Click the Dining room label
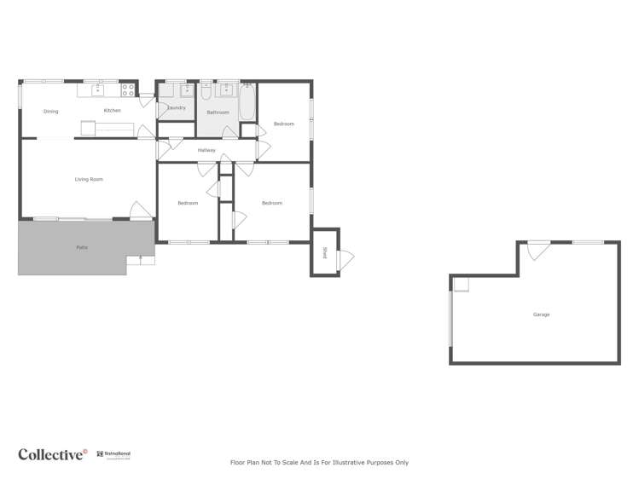[x=51, y=111]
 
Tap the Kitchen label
[x=112, y=111]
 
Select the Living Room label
[x=89, y=179]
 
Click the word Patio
[x=82, y=247]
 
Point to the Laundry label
[x=177, y=108]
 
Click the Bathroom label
[x=218, y=113]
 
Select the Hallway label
[x=206, y=151]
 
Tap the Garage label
[x=541, y=315]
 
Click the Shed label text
[x=324, y=252]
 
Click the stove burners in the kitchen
[x=128, y=88]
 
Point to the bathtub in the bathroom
[x=247, y=103]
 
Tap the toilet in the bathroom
[x=206, y=91]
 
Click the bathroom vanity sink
[x=228, y=89]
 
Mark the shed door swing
[x=346, y=258]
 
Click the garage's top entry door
[x=537, y=250]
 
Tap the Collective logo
[x=53, y=454]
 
